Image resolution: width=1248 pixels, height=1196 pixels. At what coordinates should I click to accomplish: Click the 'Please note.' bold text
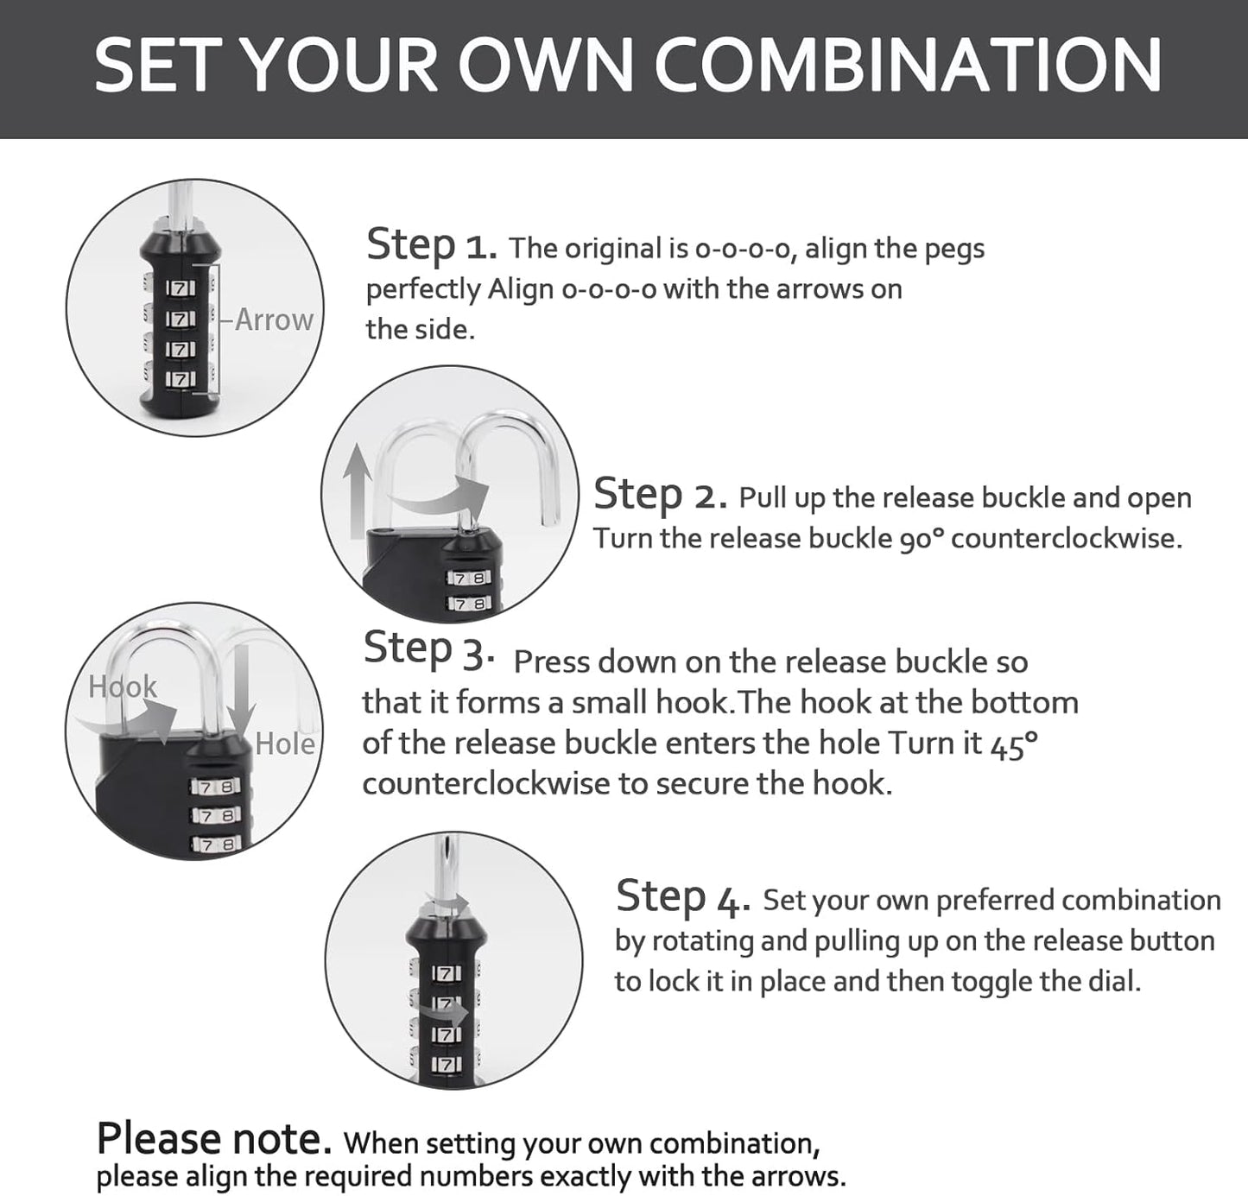point(214,1140)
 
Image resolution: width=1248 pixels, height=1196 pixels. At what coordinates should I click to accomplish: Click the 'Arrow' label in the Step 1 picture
point(274,320)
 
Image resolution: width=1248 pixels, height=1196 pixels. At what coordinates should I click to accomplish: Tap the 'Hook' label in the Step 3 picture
point(123,687)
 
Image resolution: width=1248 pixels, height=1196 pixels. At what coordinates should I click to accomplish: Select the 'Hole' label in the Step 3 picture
point(285,744)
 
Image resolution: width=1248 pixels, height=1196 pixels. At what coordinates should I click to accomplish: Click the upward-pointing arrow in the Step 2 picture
point(357,492)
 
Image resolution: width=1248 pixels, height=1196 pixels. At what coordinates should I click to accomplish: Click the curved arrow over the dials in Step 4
point(445,1008)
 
